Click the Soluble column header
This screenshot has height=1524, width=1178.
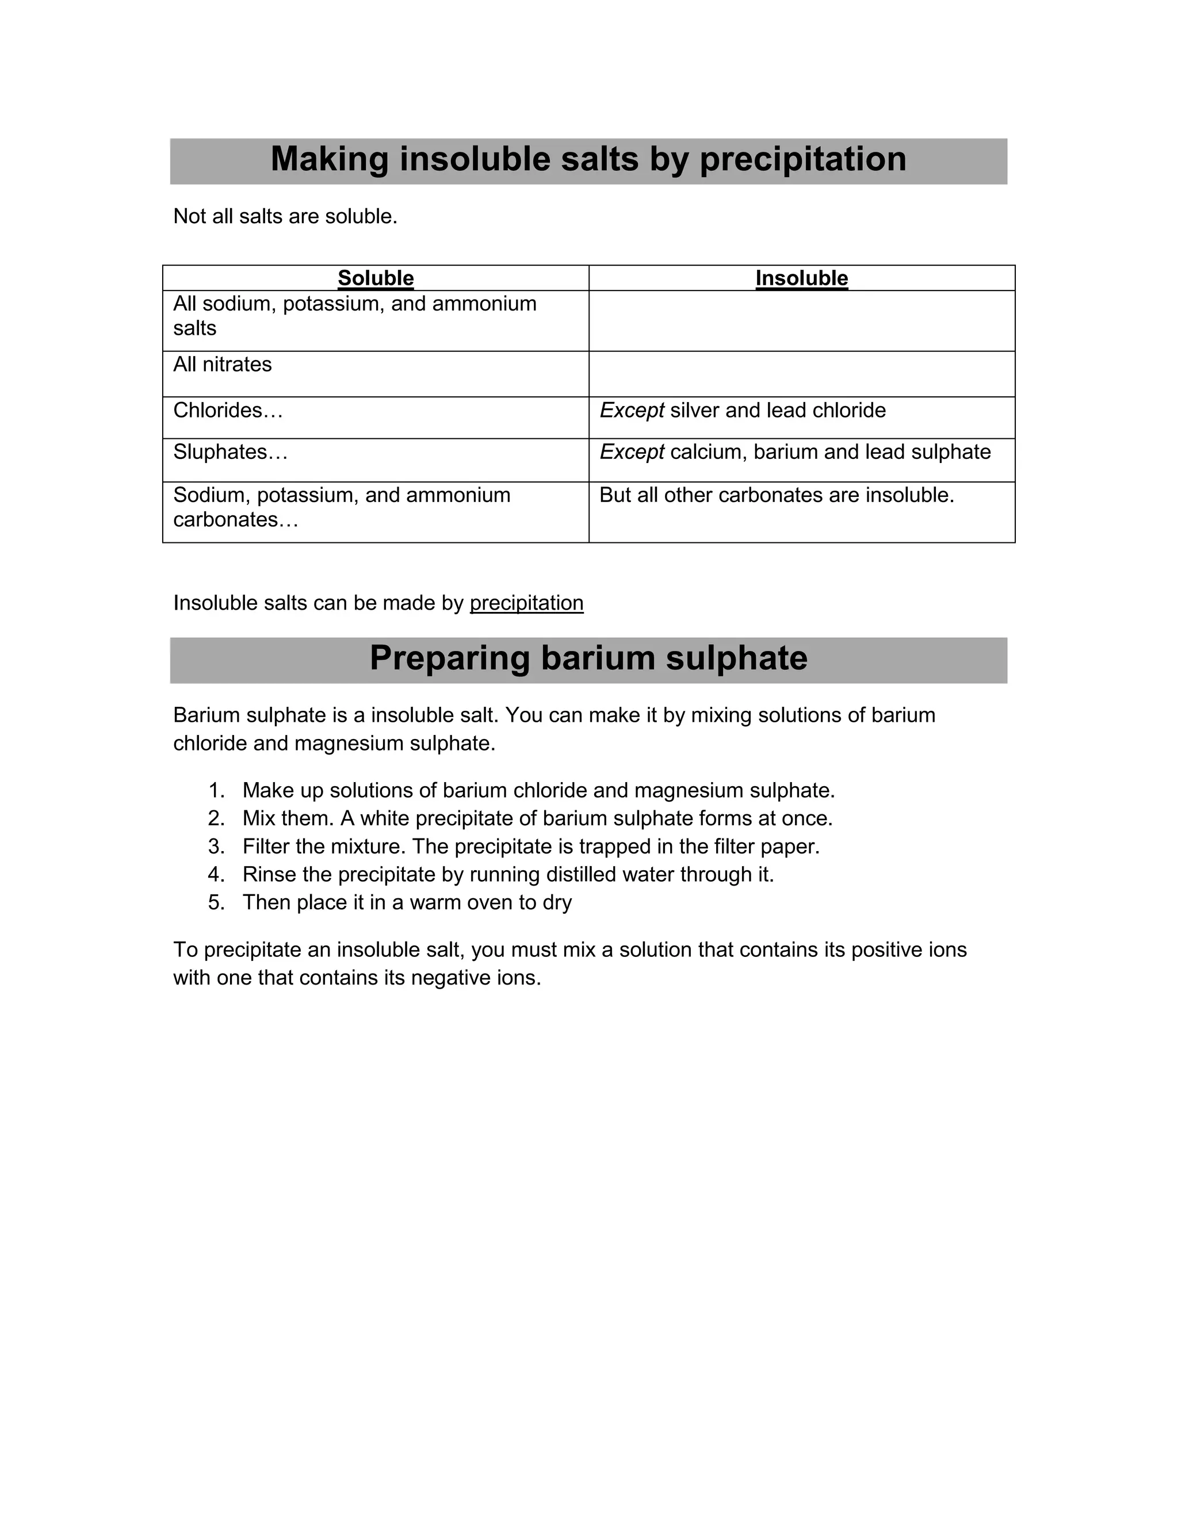(376, 278)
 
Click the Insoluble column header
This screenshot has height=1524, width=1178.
(801, 278)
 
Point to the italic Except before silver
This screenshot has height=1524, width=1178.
(631, 410)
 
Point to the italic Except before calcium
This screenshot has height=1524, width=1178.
(631, 452)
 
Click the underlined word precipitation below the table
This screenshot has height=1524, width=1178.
(526, 603)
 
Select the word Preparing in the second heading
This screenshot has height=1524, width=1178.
(449, 658)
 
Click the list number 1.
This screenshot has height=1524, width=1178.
(216, 791)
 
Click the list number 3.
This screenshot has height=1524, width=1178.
(216, 847)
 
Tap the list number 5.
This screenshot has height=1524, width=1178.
(216, 903)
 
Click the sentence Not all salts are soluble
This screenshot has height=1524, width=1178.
(285, 217)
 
